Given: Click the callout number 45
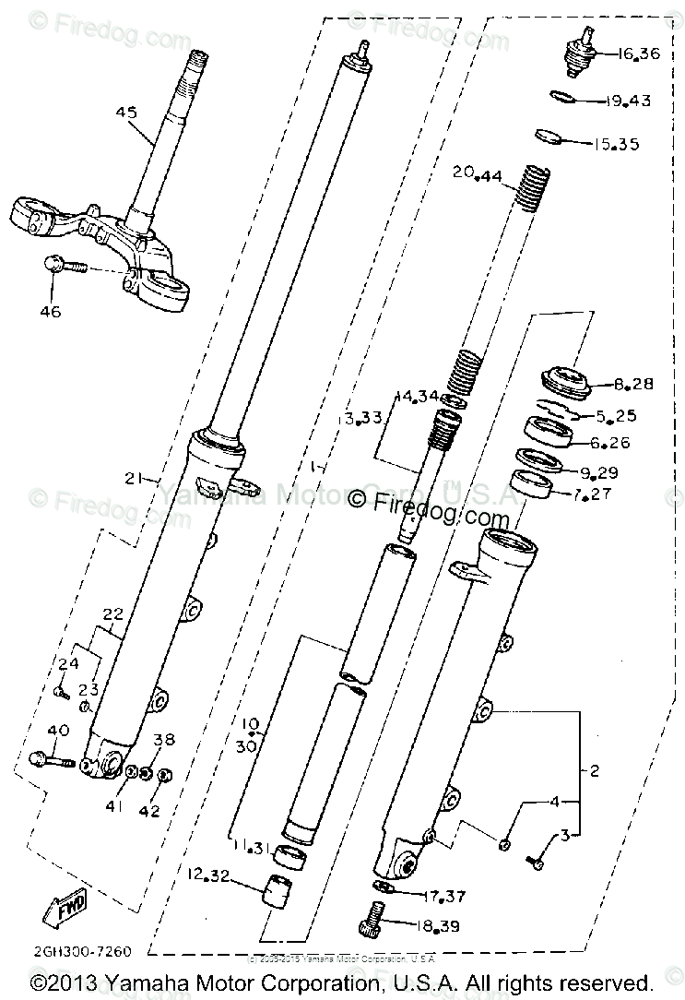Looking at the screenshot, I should [125, 113].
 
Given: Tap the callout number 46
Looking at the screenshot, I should [50, 312].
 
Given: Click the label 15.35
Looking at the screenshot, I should [615, 145].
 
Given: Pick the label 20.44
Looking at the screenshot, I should [477, 173].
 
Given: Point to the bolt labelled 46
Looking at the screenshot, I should [65, 266].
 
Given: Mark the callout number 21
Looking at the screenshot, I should [135, 478].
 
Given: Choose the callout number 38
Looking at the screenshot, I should [163, 739].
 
